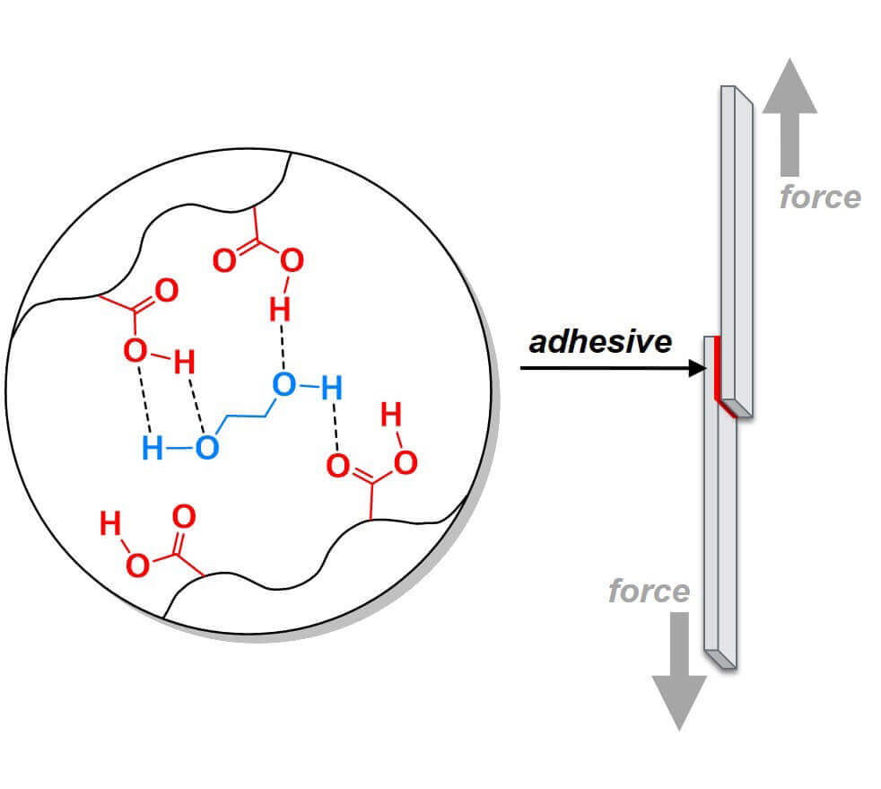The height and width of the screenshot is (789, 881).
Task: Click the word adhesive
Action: pyautogui.click(x=600, y=342)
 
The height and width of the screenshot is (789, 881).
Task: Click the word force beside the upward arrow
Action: pyautogui.click(x=820, y=197)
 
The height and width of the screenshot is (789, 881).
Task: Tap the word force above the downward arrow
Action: pyautogui.click(x=649, y=591)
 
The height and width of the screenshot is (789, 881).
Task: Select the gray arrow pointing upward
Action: pyautogui.click(x=789, y=117)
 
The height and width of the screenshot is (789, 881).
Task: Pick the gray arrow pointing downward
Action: pyautogui.click(x=679, y=671)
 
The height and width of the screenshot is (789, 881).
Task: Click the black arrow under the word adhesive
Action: pyautogui.click(x=613, y=368)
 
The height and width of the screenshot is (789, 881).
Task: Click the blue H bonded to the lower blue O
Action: pyautogui.click(x=153, y=448)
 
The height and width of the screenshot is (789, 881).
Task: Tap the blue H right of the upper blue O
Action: pyautogui.click(x=332, y=388)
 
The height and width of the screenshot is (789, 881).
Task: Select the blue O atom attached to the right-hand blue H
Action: pyautogui.click(x=283, y=385)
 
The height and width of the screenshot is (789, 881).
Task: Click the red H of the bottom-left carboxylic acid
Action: pyautogui.click(x=110, y=523)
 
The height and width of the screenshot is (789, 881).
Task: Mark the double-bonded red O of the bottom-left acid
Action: pyautogui.click(x=184, y=516)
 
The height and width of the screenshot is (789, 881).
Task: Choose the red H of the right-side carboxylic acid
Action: pyautogui.click(x=391, y=415)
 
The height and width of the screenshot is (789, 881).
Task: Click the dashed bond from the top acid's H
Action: pyautogui.click(x=282, y=346)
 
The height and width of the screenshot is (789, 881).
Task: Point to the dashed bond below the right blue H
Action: pyautogui.click(x=336, y=427)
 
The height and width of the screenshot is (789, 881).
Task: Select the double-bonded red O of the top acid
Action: pyautogui.click(x=225, y=260)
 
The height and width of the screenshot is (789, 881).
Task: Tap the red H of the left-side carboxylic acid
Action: pyautogui.click(x=184, y=362)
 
